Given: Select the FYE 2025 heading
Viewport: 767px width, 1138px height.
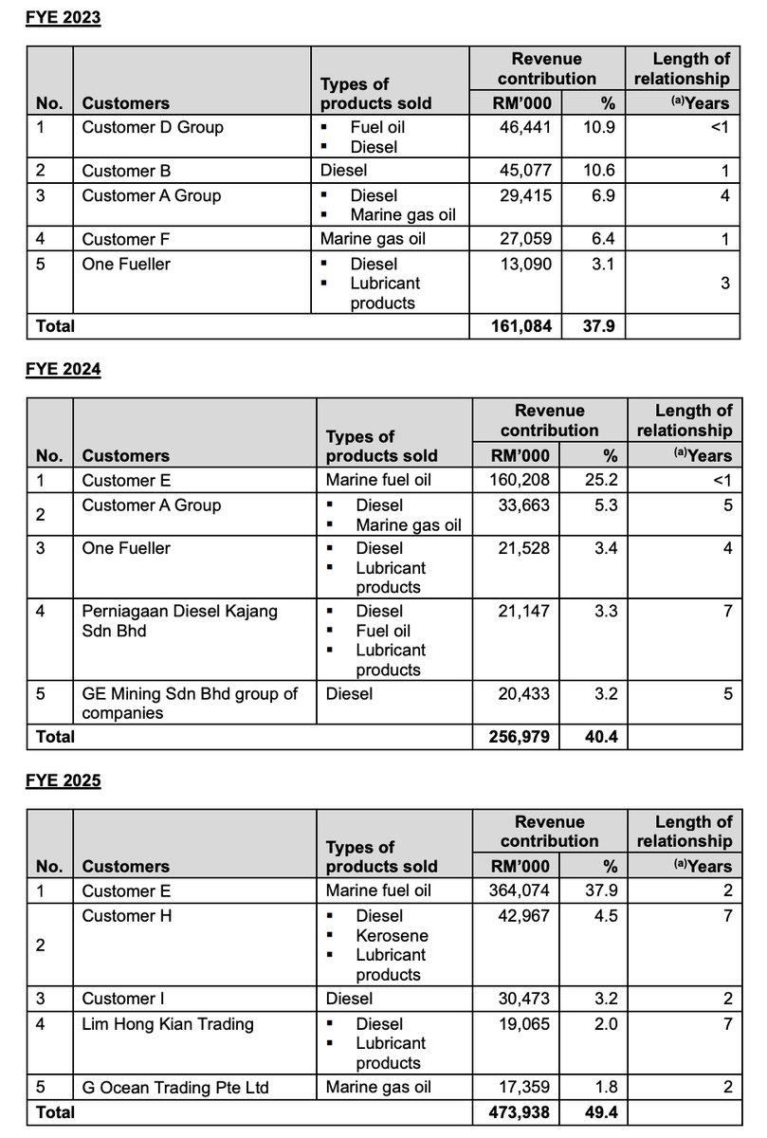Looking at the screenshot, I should [x=63, y=781].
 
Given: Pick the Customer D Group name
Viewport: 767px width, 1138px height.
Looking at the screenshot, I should [x=153, y=126].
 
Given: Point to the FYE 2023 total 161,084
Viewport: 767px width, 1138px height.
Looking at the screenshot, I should [x=519, y=325].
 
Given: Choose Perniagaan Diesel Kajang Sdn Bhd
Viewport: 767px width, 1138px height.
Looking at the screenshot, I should [x=180, y=620].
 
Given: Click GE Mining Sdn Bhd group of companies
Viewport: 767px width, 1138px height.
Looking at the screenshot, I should [x=190, y=703].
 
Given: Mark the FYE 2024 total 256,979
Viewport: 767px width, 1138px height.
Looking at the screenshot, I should [x=520, y=735].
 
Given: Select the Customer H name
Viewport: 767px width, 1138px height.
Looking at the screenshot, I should [x=126, y=915].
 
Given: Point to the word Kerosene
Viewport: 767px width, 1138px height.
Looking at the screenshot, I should [x=392, y=935].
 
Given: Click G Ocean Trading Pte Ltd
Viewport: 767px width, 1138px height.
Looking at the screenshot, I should [x=174, y=1087].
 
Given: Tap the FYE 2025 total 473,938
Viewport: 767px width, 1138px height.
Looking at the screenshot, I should [x=520, y=1112].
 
